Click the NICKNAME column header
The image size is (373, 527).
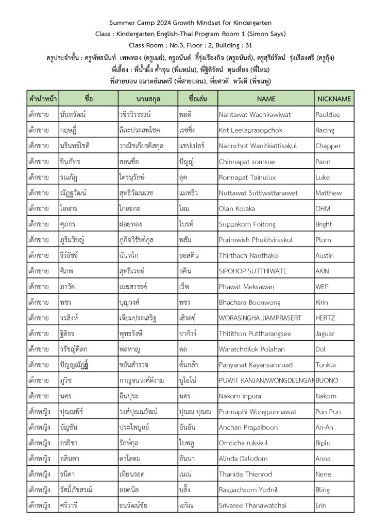[x=334, y=99]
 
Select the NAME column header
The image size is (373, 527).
[x=266, y=99]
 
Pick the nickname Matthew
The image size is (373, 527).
[x=328, y=193]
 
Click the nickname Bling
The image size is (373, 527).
[x=323, y=490]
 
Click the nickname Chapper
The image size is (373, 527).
[x=328, y=146]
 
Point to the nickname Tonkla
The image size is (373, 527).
[x=325, y=365]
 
